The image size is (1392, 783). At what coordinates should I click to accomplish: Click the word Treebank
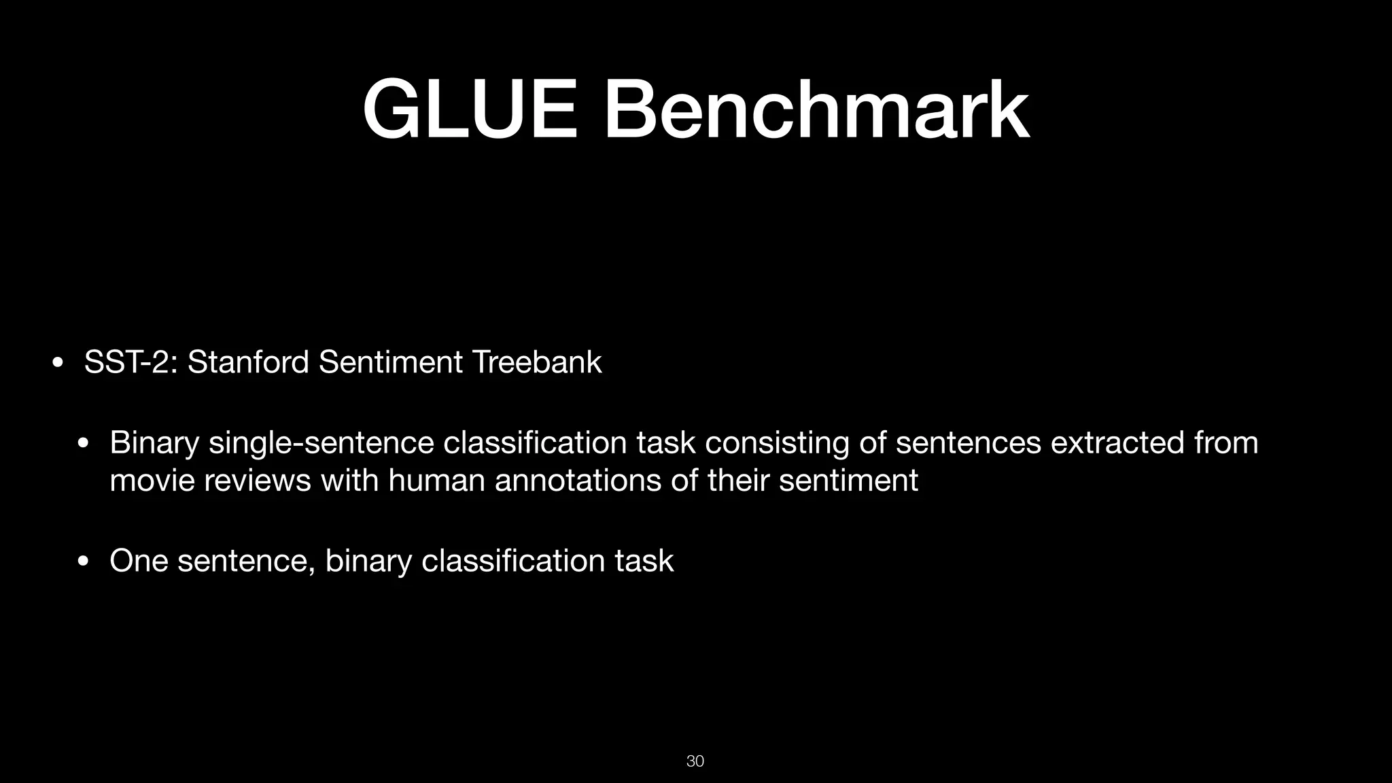pos(537,362)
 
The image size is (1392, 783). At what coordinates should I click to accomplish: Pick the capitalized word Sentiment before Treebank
pos(391,362)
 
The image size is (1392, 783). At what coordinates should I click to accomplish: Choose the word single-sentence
pos(321,443)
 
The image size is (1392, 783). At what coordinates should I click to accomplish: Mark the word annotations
pos(578,481)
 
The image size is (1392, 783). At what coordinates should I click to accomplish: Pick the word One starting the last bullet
pos(139,561)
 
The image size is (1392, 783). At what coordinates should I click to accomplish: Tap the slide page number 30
pos(695,761)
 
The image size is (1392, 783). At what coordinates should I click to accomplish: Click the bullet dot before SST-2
pos(58,362)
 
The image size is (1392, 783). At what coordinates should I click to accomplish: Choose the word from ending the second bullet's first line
pos(1226,442)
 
